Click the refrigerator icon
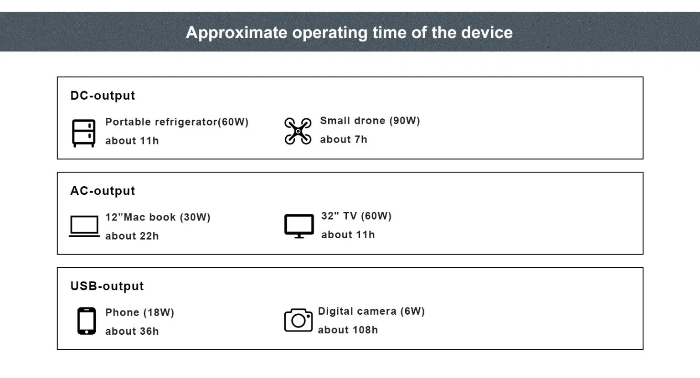coord(83,133)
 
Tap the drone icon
coord(298,131)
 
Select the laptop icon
coord(84,226)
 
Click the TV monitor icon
coord(299,226)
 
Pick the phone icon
coord(87,321)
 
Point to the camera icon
coord(298,320)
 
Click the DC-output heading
coord(103,96)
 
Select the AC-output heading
coord(103,191)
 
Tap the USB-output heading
coord(107,286)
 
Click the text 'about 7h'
coord(344,140)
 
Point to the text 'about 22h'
coord(132,236)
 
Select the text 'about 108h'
coord(348,330)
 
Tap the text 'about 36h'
coord(132,331)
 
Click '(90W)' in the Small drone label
coord(405,121)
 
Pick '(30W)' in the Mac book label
coord(196,217)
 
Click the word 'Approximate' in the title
coord(236,33)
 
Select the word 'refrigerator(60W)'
coord(201,122)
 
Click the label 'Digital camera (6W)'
coord(371,312)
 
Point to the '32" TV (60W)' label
coord(356,216)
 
